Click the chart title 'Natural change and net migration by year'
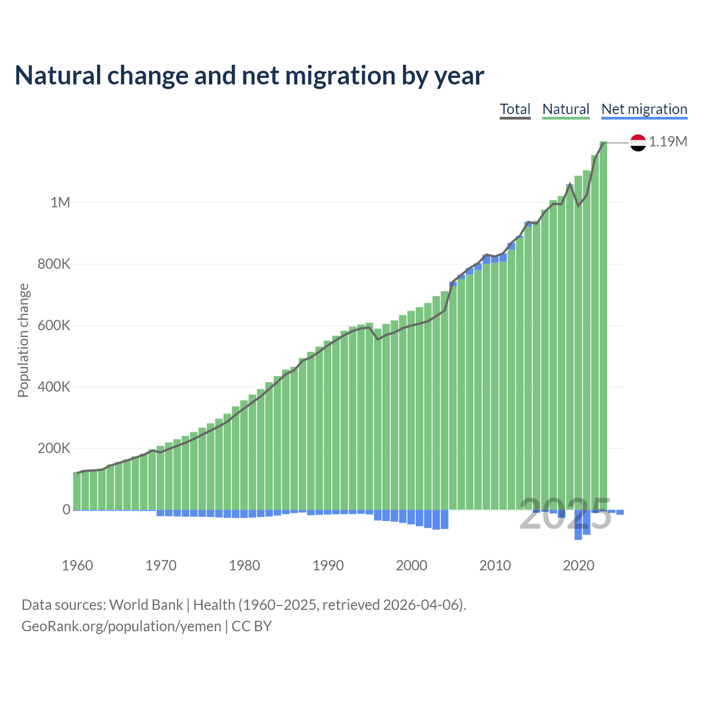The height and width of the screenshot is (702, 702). point(250,76)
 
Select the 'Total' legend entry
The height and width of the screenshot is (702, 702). point(515,109)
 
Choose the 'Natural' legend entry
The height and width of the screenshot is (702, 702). point(565,109)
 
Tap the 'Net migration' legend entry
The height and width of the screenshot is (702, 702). point(644,109)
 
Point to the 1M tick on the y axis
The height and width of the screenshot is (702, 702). point(60,202)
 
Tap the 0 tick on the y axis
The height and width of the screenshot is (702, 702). point(66,509)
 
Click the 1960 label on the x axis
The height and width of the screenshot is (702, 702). point(77,565)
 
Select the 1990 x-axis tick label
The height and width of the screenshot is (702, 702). point(328,565)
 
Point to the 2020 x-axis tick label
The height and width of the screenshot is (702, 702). point(579,565)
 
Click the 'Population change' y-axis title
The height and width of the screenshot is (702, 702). point(23,340)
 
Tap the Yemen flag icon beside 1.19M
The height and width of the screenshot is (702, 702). point(638,143)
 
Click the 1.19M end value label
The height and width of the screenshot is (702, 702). point(668,141)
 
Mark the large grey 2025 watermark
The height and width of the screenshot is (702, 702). point(565,514)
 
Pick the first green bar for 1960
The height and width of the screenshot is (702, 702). point(77,491)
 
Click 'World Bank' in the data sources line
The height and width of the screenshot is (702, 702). point(146,605)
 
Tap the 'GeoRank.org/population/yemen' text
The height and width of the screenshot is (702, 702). point(121,626)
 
